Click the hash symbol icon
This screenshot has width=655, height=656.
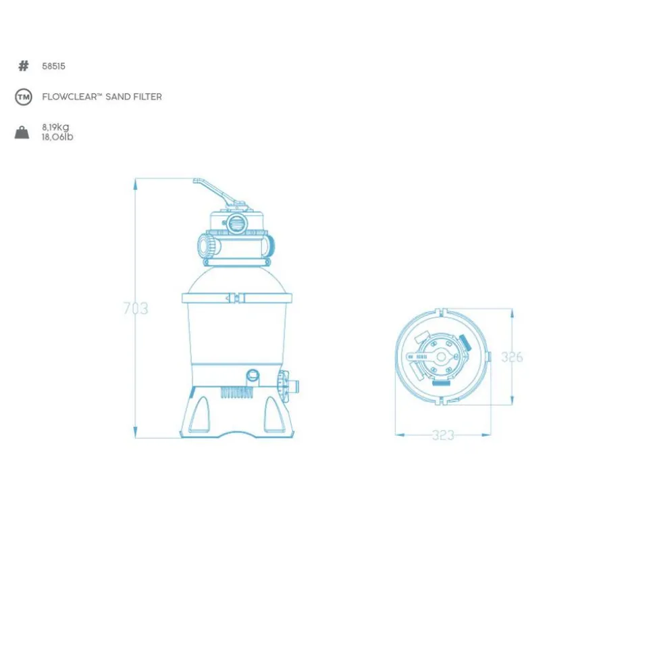24,66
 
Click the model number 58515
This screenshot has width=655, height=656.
53,66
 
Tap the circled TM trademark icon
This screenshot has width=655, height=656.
24,97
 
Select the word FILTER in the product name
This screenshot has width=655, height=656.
147,97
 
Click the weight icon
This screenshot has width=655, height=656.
22,132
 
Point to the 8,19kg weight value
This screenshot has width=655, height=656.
55,127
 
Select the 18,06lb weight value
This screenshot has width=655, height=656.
57,136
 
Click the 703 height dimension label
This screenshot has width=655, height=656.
136,308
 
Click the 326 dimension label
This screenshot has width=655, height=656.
512,357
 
